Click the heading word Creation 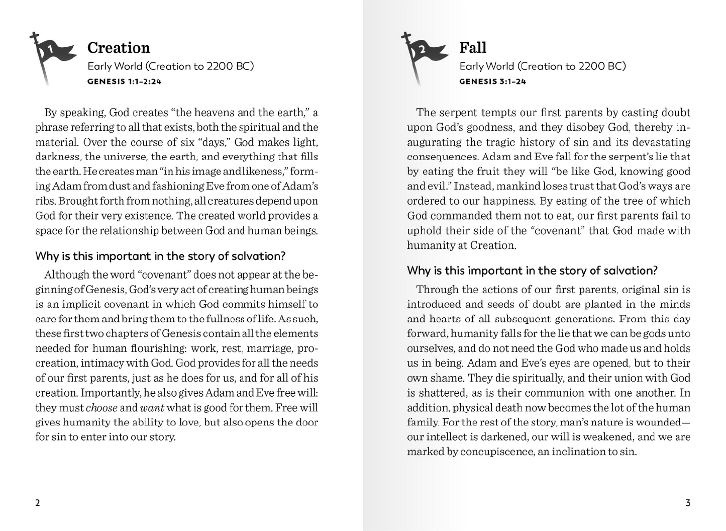click(119, 48)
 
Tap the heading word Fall click(473, 48)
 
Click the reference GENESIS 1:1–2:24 click(124, 81)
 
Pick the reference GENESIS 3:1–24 click(492, 81)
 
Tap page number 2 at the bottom click(38, 503)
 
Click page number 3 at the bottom click(688, 503)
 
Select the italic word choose click(102, 408)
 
